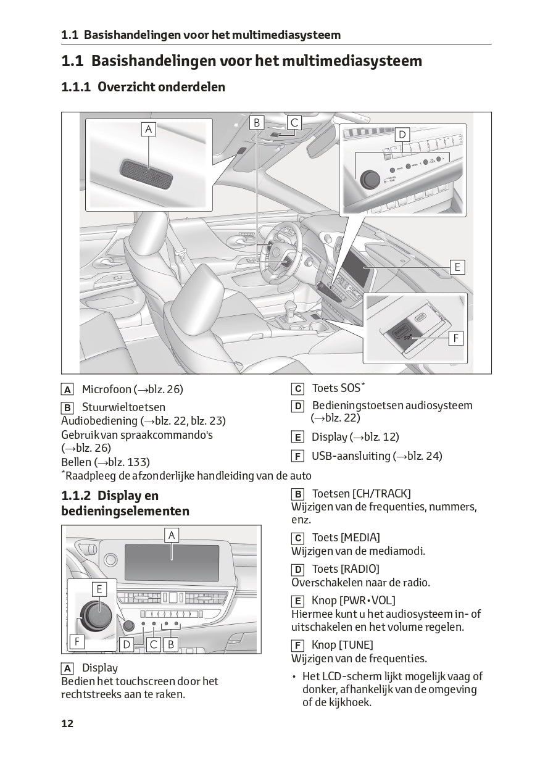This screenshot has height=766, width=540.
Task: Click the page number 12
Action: coord(67,723)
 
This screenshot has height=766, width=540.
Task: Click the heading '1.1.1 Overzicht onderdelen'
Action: coord(143,87)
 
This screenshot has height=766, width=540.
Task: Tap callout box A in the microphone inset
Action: coord(148,129)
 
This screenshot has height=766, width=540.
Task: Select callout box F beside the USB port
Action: coord(456,338)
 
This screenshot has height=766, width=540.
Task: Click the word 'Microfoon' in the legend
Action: coord(107,389)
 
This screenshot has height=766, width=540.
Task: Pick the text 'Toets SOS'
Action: coord(336,388)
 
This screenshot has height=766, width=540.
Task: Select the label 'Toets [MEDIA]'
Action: coord(346,538)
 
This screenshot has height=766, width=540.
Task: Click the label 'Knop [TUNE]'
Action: coord(342,645)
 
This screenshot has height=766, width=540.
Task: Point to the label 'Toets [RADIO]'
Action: coord(346,568)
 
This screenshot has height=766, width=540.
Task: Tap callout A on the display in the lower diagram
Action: coord(172,535)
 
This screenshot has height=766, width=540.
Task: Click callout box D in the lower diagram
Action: coord(127,644)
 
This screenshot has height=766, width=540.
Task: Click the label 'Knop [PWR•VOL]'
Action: coord(353,600)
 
